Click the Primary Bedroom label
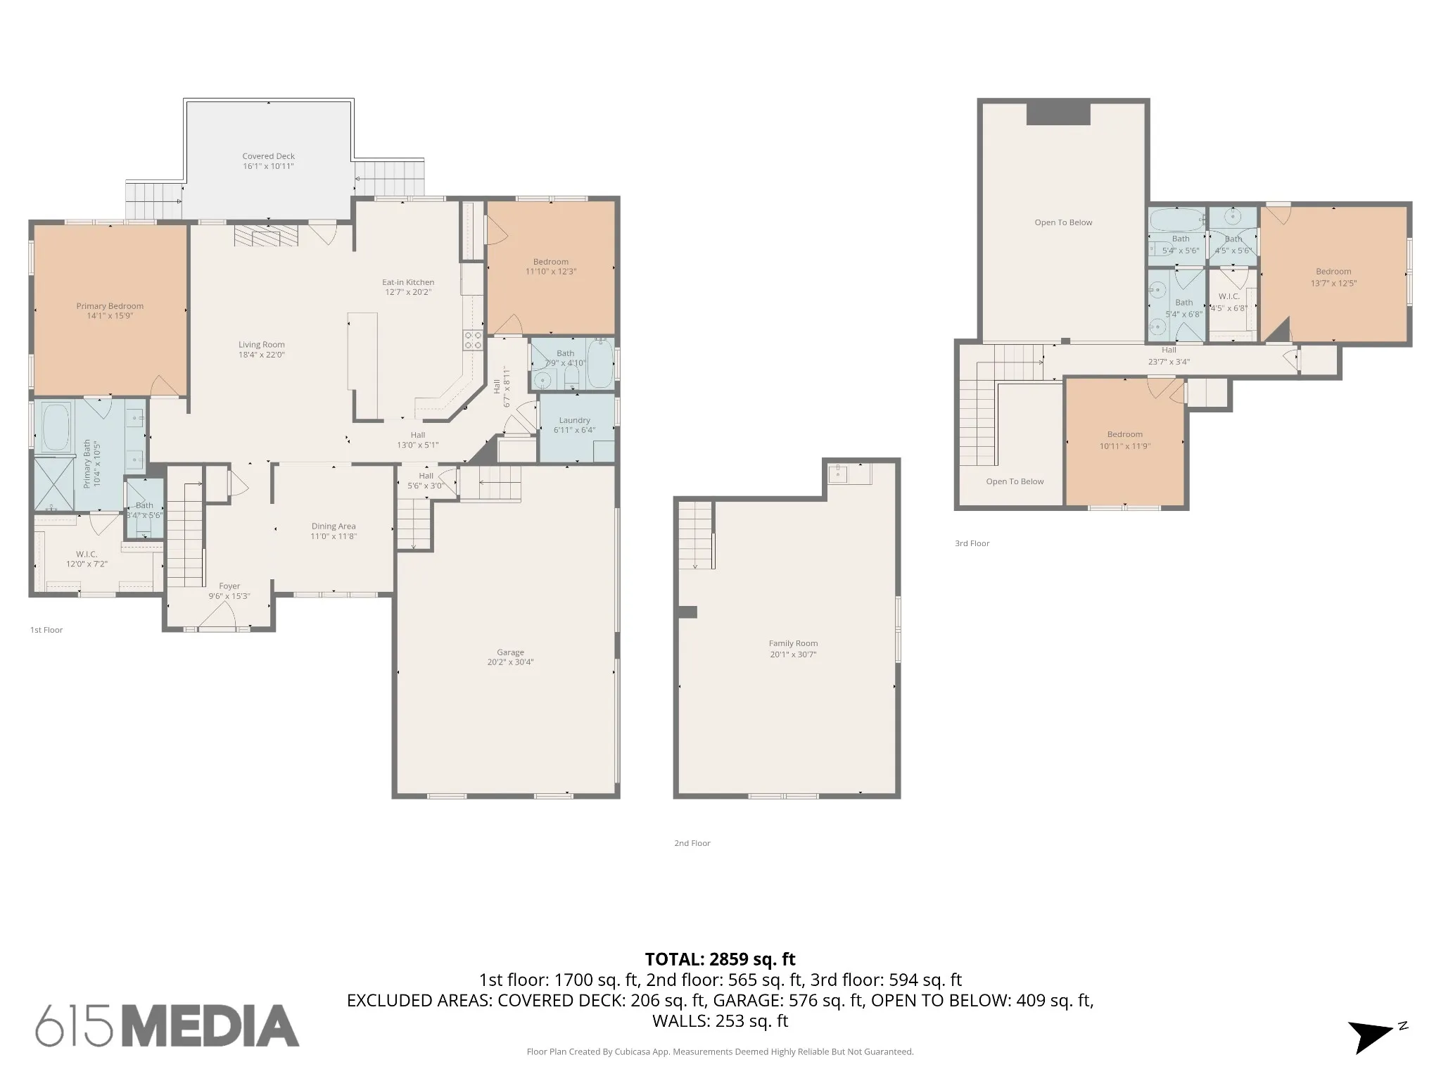tap(110, 306)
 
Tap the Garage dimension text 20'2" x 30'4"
tap(510, 662)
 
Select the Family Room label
tap(793, 643)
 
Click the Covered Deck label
tap(268, 156)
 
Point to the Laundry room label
tap(574, 420)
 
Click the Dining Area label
tap(334, 526)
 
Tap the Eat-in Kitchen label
tap(408, 282)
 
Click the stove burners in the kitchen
tap(473, 341)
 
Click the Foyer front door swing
tap(217, 617)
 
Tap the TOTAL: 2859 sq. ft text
tap(720, 959)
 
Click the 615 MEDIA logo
tap(167, 1025)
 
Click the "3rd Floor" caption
tap(972, 543)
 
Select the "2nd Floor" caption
tap(692, 843)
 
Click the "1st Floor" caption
tap(46, 630)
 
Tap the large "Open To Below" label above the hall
tap(1063, 222)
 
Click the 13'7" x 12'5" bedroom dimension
tap(1333, 284)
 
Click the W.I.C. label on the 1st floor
tap(87, 554)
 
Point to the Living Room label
tap(261, 345)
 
